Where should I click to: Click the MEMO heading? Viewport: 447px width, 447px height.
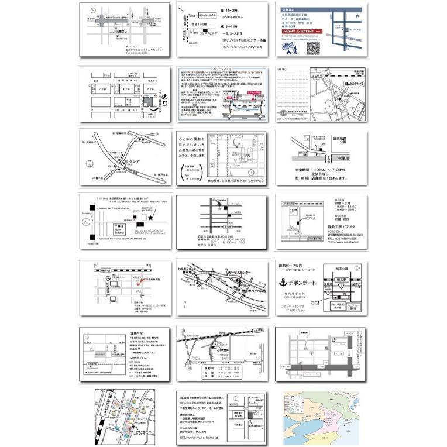pos(282,69)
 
